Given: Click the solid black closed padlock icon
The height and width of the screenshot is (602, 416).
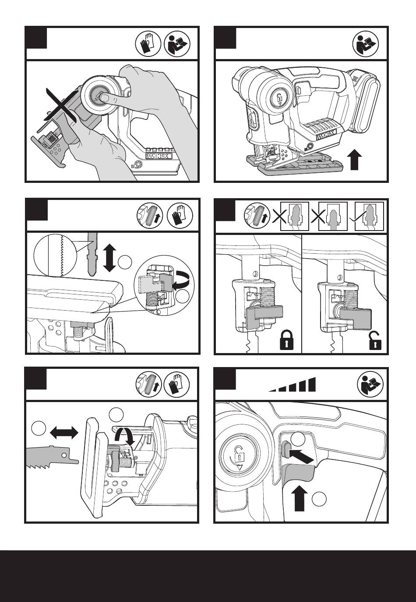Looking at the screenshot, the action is point(287,340).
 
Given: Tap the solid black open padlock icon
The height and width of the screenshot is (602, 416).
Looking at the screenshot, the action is point(375,341).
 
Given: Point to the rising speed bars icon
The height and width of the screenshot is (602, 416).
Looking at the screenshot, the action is point(292,385).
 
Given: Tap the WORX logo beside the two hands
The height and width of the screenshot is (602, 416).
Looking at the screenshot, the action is point(159,157).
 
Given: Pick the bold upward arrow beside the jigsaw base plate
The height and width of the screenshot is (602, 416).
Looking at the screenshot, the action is point(355,160).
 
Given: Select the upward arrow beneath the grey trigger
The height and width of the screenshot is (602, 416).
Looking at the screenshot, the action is point(299,499).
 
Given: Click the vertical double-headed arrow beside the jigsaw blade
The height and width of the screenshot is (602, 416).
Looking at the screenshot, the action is point(109,258).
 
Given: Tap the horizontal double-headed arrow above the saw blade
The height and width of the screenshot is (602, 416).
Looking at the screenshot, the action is point(64,433).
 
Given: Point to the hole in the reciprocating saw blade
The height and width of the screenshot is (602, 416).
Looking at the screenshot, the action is point(64,455).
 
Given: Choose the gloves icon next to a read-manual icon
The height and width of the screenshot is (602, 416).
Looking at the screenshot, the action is point(148,43).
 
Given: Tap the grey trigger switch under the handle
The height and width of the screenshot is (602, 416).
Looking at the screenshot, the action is point(298,473).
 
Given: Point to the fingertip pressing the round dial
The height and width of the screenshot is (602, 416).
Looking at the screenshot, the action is point(104,98).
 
